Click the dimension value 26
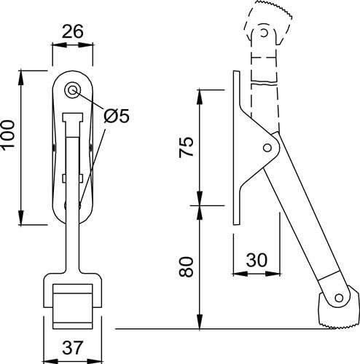[72, 31]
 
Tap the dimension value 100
[8, 135]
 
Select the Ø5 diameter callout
[117, 116]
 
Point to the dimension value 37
[72, 347]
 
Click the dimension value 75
[186, 147]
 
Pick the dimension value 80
[186, 266]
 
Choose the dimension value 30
[257, 260]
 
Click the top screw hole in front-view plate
[72, 90]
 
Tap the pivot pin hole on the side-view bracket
[267, 148]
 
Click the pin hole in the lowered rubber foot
[339, 298]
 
